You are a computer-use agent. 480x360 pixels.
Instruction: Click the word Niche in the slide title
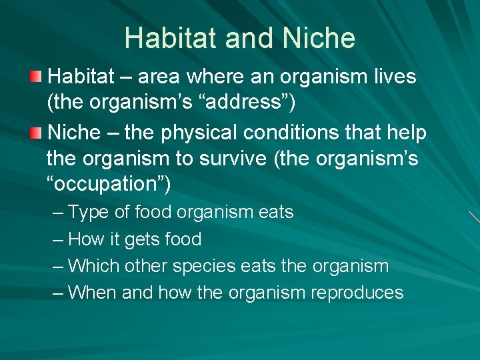pyautogui.click(x=319, y=38)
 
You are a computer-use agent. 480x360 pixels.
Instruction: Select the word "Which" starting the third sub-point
pyautogui.click(x=91, y=266)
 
